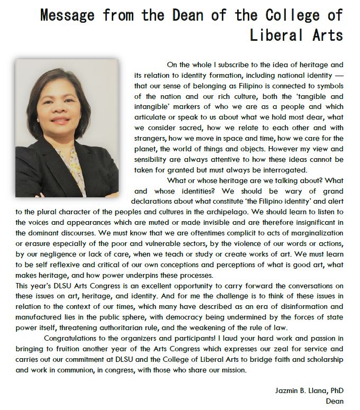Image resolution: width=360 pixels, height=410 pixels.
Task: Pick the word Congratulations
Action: click(x=79, y=338)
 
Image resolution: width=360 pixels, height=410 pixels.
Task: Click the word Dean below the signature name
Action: click(x=336, y=400)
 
